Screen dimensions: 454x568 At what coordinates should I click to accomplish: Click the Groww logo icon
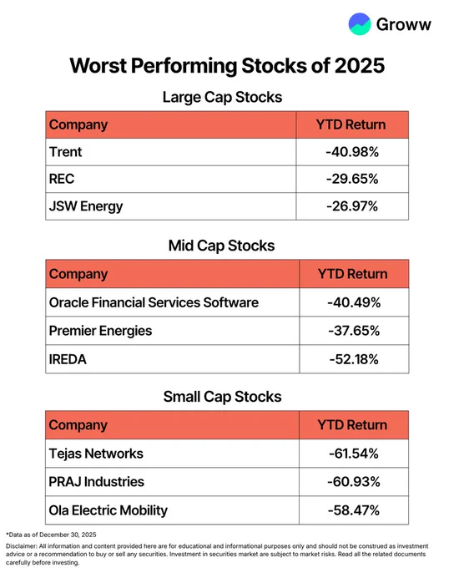[x=360, y=24]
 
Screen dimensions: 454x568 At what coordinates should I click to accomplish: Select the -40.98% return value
[x=352, y=152]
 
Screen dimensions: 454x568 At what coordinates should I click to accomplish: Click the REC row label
[x=62, y=179]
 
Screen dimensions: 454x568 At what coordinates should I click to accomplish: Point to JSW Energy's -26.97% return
[x=352, y=206]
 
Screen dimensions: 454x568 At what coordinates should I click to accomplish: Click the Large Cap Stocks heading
[x=222, y=97]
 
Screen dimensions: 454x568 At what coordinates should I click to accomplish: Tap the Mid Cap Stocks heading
[x=221, y=246]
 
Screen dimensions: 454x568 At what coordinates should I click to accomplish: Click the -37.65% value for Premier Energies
[x=354, y=331]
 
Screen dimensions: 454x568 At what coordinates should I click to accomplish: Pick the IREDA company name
[x=68, y=359]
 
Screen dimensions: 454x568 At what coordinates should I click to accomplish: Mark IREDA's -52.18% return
[x=354, y=359]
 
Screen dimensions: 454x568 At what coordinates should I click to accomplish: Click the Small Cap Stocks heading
[x=222, y=397]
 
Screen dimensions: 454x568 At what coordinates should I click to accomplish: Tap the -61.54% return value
[x=354, y=454]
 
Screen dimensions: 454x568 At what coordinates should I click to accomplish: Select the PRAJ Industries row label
[x=96, y=482]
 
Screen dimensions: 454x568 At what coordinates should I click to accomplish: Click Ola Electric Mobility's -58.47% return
[x=354, y=510]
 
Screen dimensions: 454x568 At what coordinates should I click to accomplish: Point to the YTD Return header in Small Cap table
[x=352, y=425]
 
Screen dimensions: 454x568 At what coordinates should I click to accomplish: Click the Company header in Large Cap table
[x=78, y=125]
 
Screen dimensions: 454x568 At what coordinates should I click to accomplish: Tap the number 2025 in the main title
[x=360, y=65]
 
